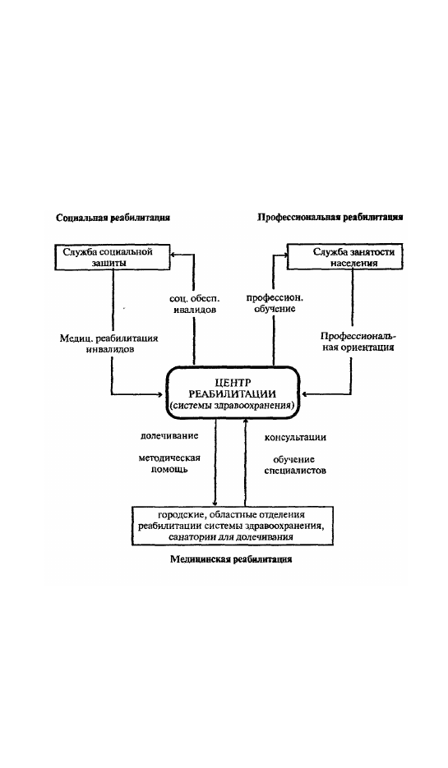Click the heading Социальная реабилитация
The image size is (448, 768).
(113, 218)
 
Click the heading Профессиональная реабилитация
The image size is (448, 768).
(330, 218)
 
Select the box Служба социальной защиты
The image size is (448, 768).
(113, 257)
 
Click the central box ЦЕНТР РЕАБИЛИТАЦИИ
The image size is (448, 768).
(233, 393)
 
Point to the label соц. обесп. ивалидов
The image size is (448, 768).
(194, 304)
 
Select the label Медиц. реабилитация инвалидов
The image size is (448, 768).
(109, 344)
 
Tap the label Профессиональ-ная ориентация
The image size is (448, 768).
(358, 342)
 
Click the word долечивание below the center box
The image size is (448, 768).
(169, 435)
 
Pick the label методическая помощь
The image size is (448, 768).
(169, 463)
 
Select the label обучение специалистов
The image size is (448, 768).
(295, 465)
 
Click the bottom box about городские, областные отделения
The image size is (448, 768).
(232, 526)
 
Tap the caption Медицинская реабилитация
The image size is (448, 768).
(231, 559)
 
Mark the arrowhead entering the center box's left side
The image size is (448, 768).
(162, 393)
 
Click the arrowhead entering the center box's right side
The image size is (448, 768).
(304, 393)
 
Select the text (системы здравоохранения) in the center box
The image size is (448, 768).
(233, 406)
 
